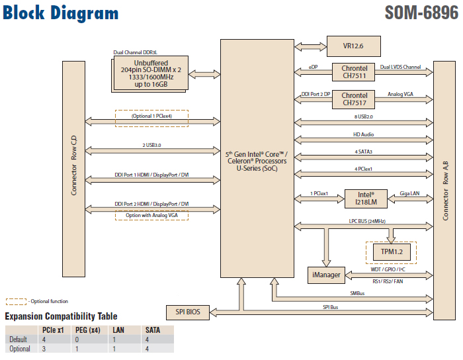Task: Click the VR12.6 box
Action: pyautogui.click(x=354, y=47)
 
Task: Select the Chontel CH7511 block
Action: pyautogui.click(x=355, y=71)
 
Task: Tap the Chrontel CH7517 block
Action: pyautogui.click(x=355, y=99)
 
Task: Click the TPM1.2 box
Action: pyautogui.click(x=391, y=251)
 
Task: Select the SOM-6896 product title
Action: pyautogui.click(x=421, y=13)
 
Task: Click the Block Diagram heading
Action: pyautogui.click(x=61, y=13)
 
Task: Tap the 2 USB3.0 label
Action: pyautogui.click(x=151, y=145)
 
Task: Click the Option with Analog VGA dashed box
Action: pyautogui.click(x=151, y=215)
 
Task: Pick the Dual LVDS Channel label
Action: pyautogui.click(x=400, y=67)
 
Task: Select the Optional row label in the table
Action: pyautogui.click(x=19, y=348)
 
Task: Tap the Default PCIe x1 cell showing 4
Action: pyautogui.click(x=44, y=339)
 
